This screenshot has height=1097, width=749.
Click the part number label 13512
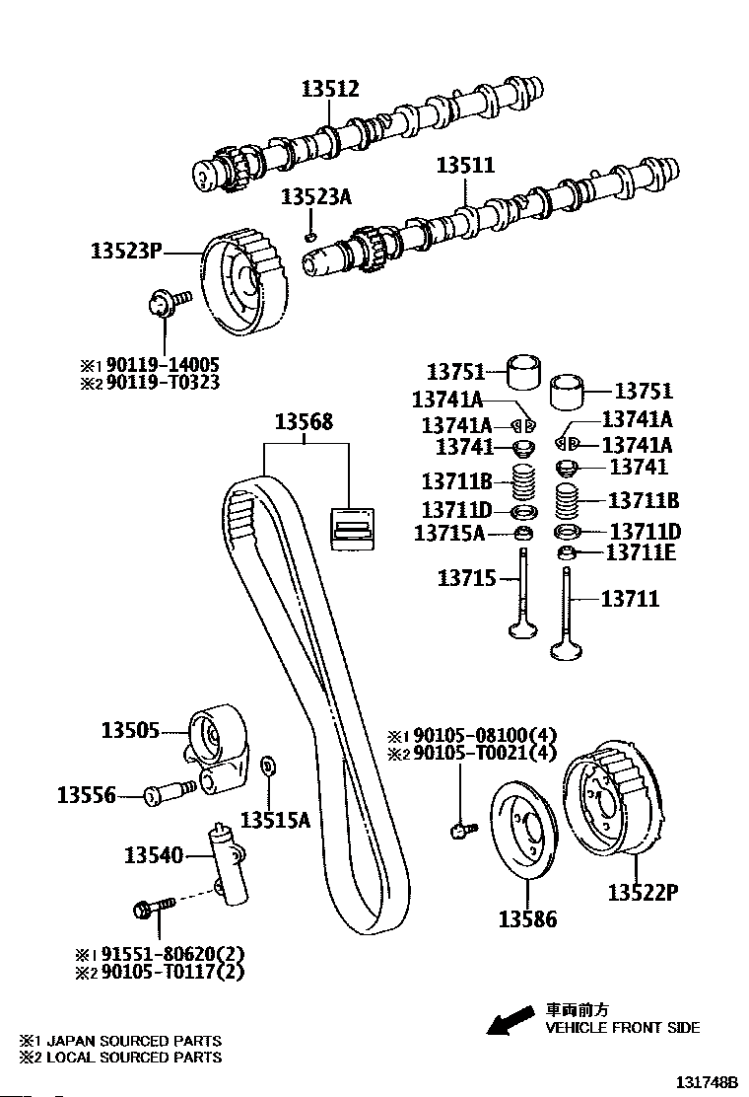point(330,90)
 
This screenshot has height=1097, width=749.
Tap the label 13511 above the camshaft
point(466,165)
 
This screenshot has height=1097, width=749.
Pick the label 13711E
point(641,552)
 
